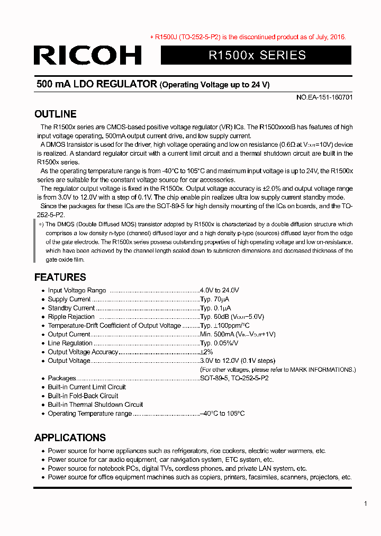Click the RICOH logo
tap(87, 55)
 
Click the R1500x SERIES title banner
tap(257, 55)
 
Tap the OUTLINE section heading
tap(55, 114)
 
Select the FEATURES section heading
tap(60, 277)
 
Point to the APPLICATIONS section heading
tap(70, 437)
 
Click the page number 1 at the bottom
tap(365, 504)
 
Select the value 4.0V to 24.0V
tap(220, 290)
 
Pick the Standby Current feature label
tap(71, 308)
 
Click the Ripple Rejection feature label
tap(71, 317)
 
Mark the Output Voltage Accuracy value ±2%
tap(206, 352)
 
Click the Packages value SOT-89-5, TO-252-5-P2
tap(234, 378)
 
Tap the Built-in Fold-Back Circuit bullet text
tap(83, 396)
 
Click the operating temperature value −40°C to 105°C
tap(222, 414)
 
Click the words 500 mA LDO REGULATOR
tap(96, 84)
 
